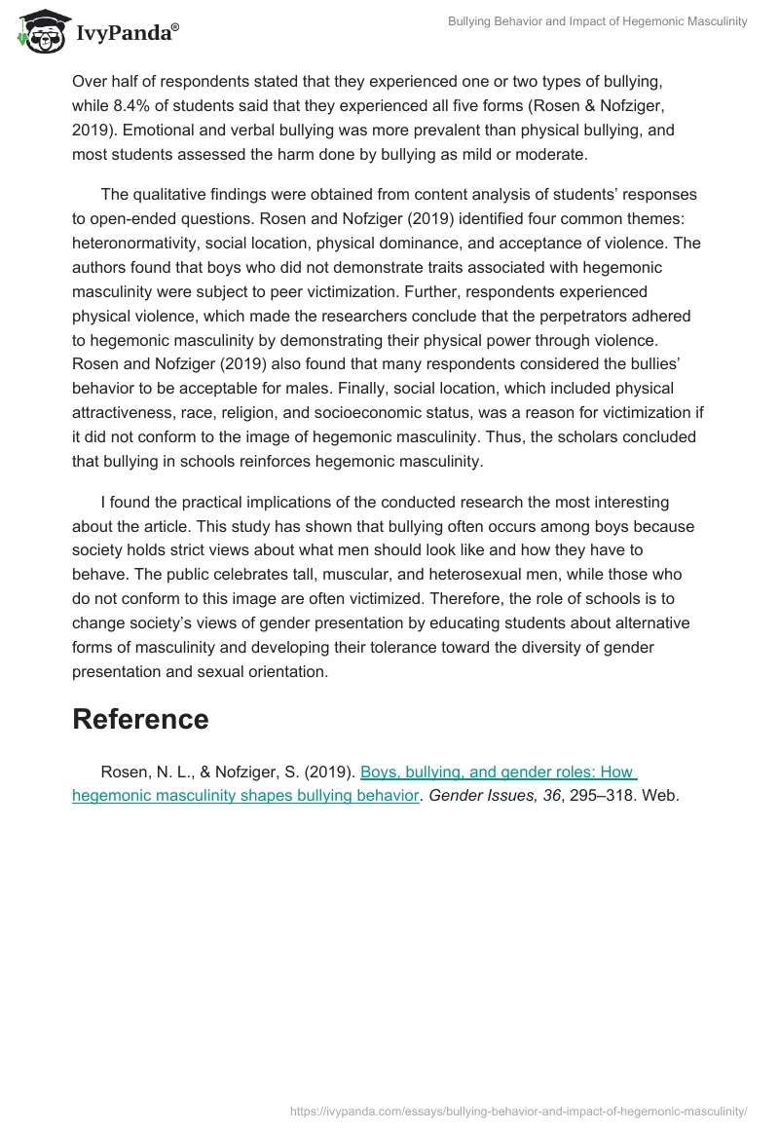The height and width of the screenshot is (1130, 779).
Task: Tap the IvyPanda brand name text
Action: tap(127, 34)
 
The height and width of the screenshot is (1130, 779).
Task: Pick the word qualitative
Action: tap(173, 194)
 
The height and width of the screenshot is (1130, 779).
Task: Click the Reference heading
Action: tap(140, 720)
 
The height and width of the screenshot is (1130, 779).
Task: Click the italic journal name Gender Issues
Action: tap(479, 796)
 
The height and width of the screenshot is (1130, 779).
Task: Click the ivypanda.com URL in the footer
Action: tap(520, 1110)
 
